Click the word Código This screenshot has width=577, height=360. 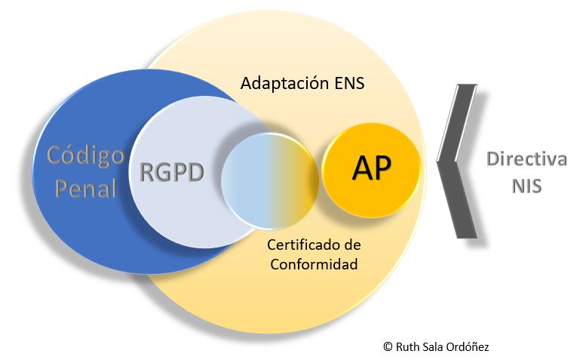(85, 156)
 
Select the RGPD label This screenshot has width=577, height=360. (172, 173)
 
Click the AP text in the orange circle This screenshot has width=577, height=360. (371, 169)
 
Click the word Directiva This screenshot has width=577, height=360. (526, 160)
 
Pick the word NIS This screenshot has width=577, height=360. (526, 186)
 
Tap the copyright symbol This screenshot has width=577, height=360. (387, 346)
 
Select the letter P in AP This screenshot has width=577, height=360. (382, 169)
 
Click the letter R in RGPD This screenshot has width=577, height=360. (148, 173)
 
